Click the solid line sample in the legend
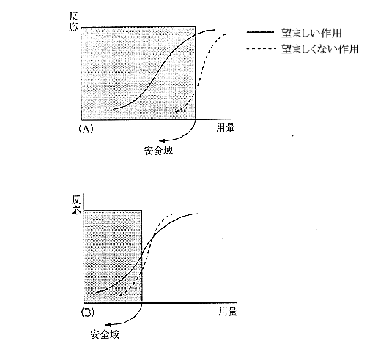(260, 32)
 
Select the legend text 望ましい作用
(311, 33)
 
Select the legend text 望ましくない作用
(320, 49)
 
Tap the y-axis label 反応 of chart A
(73, 22)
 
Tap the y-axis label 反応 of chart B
(76, 205)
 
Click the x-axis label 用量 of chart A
(225, 128)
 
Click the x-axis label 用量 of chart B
(228, 312)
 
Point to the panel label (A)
(86, 128)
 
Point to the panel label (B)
(88, 312)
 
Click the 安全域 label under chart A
(159, 151)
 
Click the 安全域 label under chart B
(105, 334)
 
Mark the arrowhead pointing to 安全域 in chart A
(162, 140)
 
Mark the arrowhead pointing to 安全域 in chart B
(108, 325)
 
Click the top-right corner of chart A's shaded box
(196, 27)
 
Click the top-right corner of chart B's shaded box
(141, 210)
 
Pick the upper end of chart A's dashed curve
(226, 34)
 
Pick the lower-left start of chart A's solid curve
(113, 110)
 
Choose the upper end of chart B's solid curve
(198, 214)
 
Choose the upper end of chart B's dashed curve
(174, 214)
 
